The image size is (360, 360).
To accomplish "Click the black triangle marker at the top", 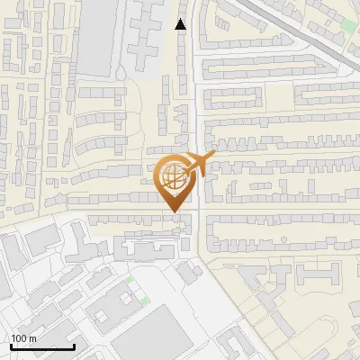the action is [x=181, y=24].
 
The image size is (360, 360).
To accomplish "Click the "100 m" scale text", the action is [x=23, y=338].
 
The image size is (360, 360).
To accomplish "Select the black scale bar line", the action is [x=42, y=346].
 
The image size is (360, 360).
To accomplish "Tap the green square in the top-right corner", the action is [x=348, y=24].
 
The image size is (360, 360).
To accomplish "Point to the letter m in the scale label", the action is [x=32, y=338].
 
